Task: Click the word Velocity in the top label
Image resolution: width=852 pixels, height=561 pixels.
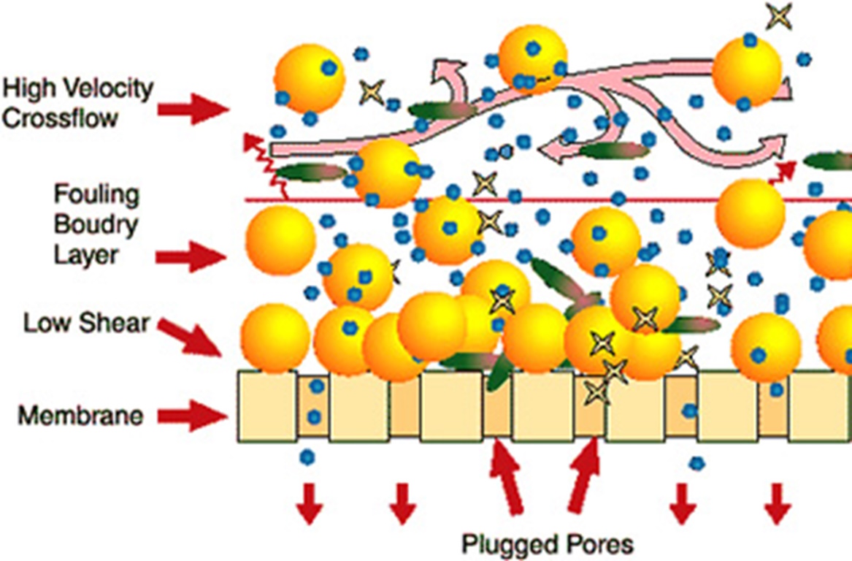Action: pos(110,89)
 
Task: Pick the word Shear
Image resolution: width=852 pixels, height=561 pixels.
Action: pos(120,322)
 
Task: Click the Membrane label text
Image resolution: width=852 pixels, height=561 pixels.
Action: pos(80,416)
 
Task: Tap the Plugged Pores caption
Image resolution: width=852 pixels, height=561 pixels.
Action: pos(548,543)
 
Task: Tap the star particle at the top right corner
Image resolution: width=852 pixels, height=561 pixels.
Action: pos(779,16)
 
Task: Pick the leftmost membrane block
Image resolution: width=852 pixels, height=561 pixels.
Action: pos(267,406)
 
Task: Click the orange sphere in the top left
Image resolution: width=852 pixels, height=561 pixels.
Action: pos(309,78)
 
